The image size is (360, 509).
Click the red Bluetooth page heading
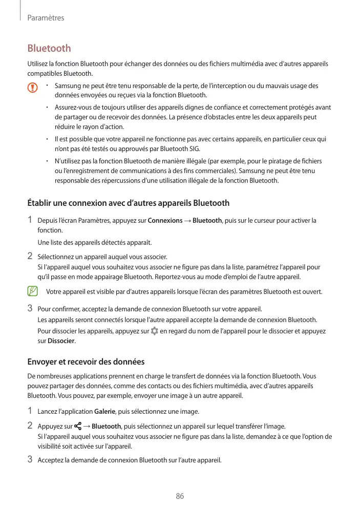[x=49, y=49]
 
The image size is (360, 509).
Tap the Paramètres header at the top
[x=46, y=18]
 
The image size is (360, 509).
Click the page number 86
[x=180, y=496]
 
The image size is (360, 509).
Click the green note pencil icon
[x=33, y=291]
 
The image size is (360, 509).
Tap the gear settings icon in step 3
[x=155, y=331]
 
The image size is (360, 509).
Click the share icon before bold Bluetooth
[x=77, y=426]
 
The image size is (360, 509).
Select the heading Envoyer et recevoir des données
[x=86, y=362]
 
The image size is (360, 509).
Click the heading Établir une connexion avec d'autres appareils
[x=128, y=203]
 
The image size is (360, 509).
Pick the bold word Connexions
[x=165, y=221]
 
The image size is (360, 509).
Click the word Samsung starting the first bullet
[x=67, y=86]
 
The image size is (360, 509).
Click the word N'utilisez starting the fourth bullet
[x=69, y=161]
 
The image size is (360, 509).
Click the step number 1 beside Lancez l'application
[x=30, y=411]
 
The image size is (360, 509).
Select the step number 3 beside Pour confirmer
[x=30, y=308]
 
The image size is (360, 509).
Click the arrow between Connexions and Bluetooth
[x=188, y=221]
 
